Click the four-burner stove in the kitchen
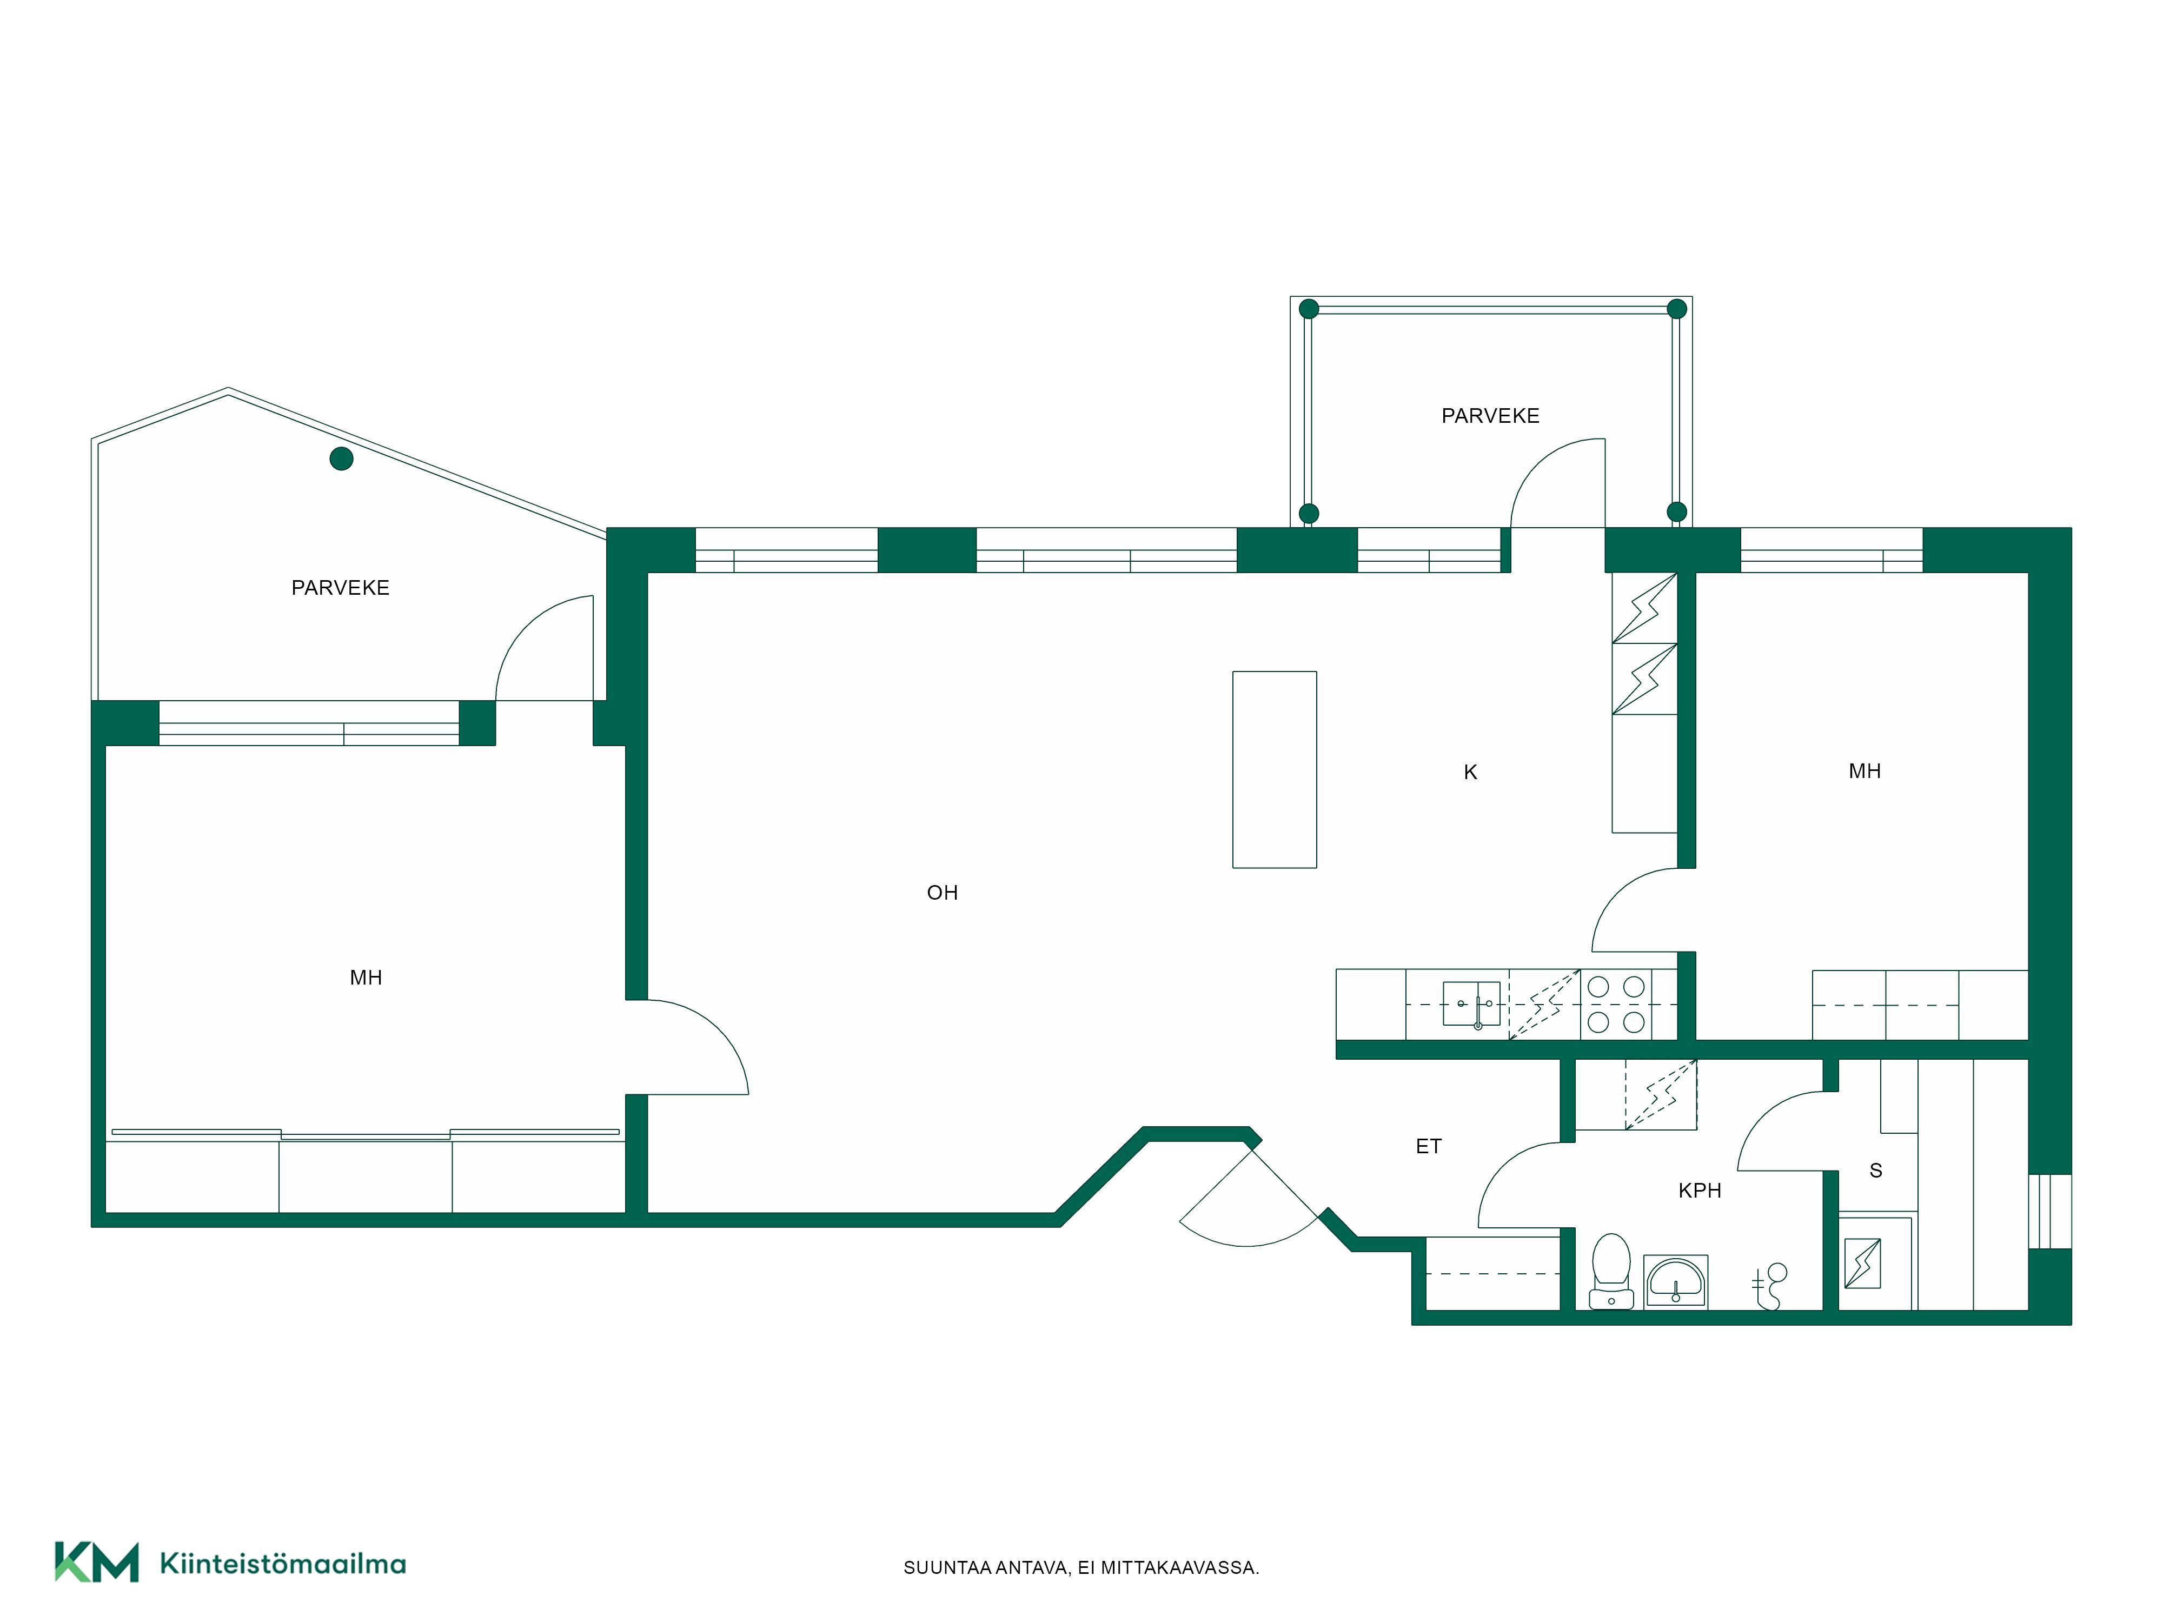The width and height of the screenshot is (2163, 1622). pos(1615,1004)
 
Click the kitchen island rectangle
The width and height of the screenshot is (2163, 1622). pos(1274,769)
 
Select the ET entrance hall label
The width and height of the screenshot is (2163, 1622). pos(1429,1146)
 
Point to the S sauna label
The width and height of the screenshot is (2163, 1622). pos(1875,1171)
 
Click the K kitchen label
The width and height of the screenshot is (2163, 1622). pos(1470,773)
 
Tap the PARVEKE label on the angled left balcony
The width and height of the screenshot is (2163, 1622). pos(340,588)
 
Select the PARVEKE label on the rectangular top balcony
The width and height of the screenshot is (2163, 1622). pos(1490,416)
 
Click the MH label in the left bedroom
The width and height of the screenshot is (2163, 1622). pos(366,978)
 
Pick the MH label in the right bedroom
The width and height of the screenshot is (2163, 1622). pos(1865,772)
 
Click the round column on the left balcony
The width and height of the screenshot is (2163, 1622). pos(341,458)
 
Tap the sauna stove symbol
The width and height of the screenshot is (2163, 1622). pos(1862,1263)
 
